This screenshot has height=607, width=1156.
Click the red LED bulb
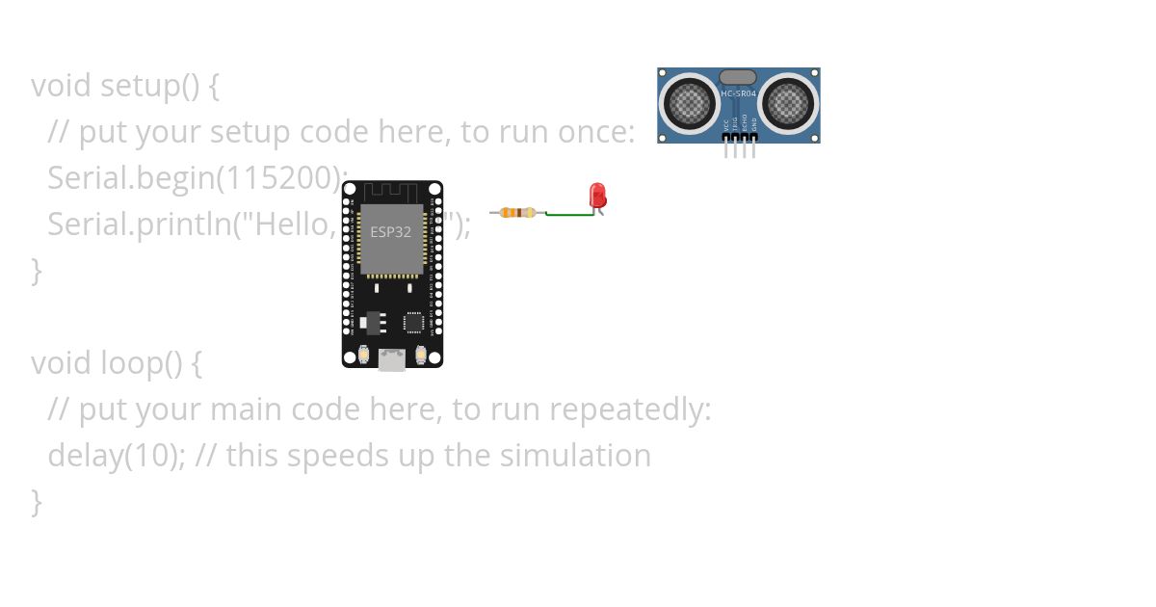coord(597,195)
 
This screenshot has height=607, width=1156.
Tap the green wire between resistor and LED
coord(568,214)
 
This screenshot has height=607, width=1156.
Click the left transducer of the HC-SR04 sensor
coord(690,101)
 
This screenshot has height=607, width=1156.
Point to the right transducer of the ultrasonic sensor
coord(787,101)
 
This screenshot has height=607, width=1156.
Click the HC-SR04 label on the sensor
coord(739,93)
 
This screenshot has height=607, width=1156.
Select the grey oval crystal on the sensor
coord(738,77)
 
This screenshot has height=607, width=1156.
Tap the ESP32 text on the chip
coord(391,232)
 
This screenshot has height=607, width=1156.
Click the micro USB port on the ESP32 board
coord(392,359)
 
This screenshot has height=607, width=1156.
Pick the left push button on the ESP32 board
coord(364,355)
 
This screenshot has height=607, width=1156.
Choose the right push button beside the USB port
coord(421,355)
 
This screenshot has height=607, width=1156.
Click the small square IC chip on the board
coord(413,321)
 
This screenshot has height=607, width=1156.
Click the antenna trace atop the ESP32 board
coord(391,192)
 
